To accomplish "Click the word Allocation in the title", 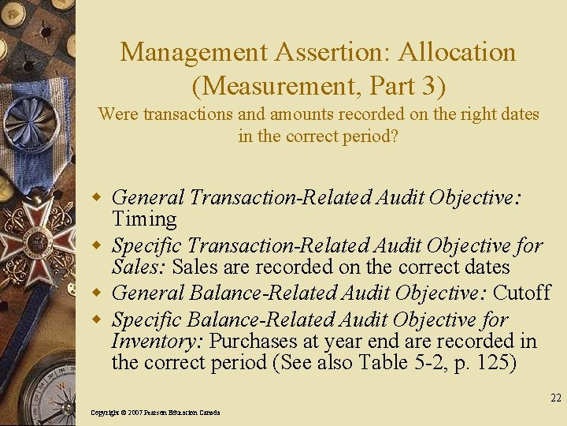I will tap(458, 53).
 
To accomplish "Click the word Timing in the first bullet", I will tap(144, 219).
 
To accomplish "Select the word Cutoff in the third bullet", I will tap(521, 293).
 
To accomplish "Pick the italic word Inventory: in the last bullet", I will tap(157, 342).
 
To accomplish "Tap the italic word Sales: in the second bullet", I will tap(139, 267).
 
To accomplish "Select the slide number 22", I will tap(556, 398).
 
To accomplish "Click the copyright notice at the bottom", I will tap(155, 413).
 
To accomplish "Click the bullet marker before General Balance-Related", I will tap(99, 293).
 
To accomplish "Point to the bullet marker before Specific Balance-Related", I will tap(99, 320).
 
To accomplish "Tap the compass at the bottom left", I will tap(43, 390).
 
